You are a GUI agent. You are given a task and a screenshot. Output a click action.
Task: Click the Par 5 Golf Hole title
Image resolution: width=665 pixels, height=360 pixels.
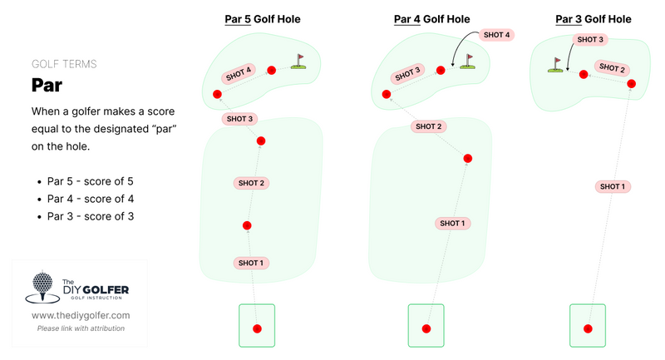coord(263,19)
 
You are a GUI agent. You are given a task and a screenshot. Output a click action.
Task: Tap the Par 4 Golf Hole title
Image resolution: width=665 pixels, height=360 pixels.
coord(431,19)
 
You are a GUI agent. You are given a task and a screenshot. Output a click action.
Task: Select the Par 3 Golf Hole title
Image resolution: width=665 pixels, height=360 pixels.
coord(593,19)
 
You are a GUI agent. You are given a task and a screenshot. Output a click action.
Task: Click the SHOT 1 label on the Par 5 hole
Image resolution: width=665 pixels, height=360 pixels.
coord(251,263)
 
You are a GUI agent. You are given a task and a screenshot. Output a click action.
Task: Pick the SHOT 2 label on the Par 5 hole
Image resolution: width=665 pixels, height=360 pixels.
coord(251,183)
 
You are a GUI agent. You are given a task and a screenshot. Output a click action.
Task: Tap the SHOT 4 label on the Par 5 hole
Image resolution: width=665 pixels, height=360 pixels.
coord(239,73)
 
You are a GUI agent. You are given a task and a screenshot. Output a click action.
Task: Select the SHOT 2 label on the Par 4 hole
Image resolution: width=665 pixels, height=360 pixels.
coord(430,126)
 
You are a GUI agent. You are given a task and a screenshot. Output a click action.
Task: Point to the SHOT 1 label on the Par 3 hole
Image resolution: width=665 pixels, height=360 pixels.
coord(611,186)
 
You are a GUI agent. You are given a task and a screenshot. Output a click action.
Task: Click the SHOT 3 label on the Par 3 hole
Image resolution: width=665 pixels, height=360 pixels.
coord(590,39)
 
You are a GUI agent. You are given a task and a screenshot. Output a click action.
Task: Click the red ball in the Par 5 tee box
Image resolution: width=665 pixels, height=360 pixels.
coord(257,328)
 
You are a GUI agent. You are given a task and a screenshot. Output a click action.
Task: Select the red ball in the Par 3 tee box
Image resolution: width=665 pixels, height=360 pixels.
coord(587,329)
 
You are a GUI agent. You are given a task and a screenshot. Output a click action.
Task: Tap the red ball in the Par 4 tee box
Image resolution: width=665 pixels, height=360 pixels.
coord(426,329)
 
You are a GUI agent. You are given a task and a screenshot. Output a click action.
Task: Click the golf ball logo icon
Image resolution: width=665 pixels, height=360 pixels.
coord(42,288)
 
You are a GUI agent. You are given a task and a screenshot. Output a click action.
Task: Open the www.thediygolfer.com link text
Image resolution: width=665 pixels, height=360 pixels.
coord(81,316)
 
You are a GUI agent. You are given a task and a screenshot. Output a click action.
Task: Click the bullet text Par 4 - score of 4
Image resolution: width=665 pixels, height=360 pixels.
coord(91,199)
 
